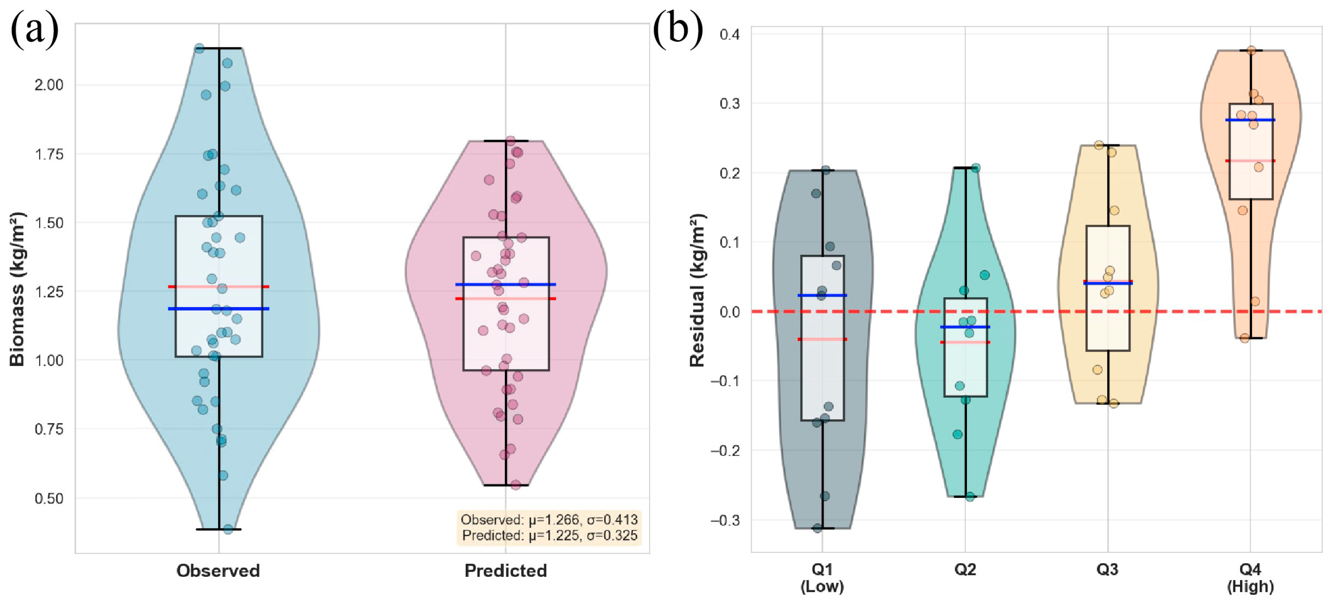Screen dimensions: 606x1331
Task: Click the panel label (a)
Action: click(x=34, y=30)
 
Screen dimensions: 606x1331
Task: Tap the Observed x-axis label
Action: click(x=218, y=570)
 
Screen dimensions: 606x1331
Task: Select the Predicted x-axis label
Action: click(x=505, y=570)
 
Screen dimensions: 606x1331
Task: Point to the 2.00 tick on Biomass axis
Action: click(x=49, y=85)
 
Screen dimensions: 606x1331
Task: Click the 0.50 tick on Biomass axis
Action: click(x=49, y=498)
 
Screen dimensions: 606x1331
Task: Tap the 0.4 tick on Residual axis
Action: click(x=729, y=34)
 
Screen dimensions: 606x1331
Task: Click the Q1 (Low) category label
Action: click(x=822, y=578)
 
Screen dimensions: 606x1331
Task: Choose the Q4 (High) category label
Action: click(x=1250, y=578)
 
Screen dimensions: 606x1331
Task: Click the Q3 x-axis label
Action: click(x=1107, y=569)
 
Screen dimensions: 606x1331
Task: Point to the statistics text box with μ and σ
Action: click(x=549, y=527)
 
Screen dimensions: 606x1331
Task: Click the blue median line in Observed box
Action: click(x=218, y=309)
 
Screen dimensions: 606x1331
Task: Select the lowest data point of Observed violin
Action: click(x=228, y=529)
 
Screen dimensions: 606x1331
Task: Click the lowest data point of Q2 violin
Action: click(x=970, y=497)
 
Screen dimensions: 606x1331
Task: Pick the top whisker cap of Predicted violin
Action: click(x=506, y=141)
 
